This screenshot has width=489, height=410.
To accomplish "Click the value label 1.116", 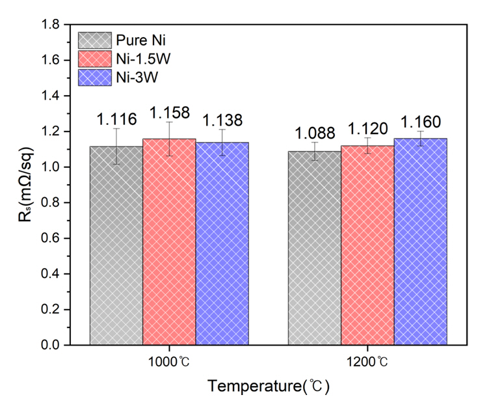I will (116, 119).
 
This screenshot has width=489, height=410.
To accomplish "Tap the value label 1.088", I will (315, 133).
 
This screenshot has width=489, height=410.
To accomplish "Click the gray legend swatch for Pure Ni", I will (94, 40).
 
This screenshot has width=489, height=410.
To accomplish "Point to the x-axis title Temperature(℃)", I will (269, 387).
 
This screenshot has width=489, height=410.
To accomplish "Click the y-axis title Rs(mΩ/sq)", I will (24, 185).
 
